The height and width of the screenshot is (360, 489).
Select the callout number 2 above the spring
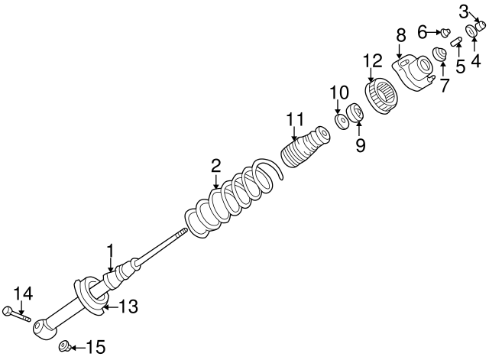[216, 164]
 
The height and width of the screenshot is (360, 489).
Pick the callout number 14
[24, 293]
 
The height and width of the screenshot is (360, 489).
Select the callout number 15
[95, 349]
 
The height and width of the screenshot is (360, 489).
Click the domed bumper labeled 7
[441, 54]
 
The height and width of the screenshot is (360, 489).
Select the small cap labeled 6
[442, 32]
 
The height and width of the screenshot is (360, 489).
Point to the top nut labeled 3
[481, 28]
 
